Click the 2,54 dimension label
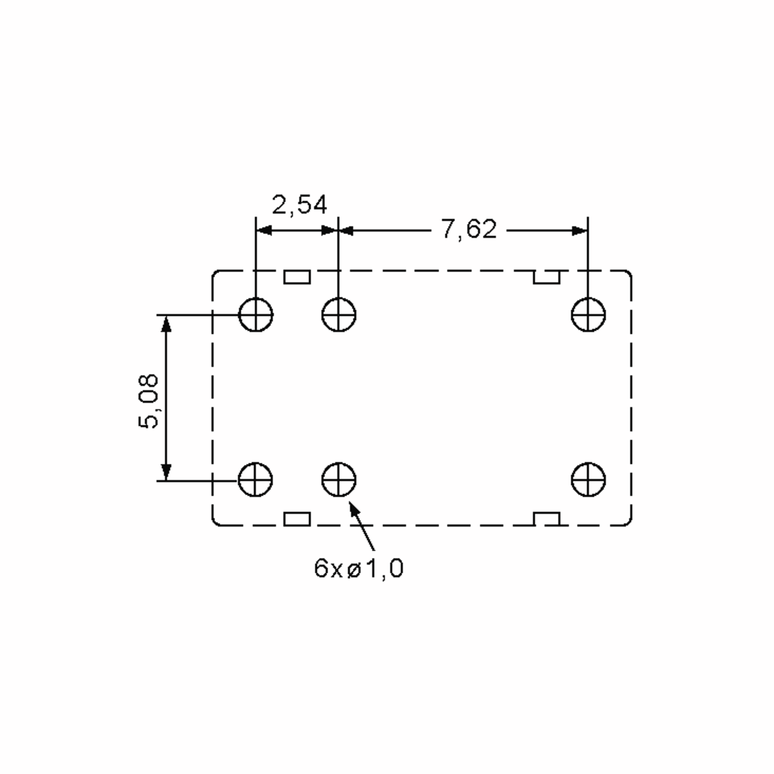299,205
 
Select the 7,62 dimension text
468,229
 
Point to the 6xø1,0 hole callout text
358,569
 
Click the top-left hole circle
256,315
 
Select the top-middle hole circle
339,315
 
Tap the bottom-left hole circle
256,480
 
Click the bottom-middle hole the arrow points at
339,480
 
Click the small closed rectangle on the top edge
297,277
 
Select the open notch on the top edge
546,277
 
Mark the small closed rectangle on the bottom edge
297,519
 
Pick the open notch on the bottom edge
546,519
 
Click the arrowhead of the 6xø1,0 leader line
353,509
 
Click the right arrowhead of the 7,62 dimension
580,231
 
